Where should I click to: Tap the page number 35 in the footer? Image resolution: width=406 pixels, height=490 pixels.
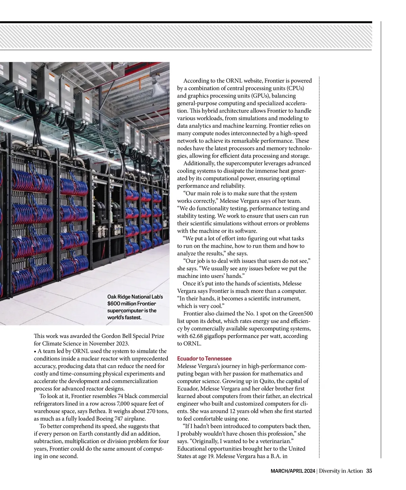click(x=369, y=471)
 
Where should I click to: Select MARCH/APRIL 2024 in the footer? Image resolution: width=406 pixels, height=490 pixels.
click(x=293, y=471)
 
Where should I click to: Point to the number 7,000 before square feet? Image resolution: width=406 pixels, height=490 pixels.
click(x=124, y=403)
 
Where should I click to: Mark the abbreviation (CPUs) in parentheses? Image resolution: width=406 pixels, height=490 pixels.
click(x=295, y=88)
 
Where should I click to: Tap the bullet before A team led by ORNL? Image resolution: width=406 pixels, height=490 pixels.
click(x=35, y=351)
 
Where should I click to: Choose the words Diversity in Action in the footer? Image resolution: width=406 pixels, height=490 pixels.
click(x=341, y=471)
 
